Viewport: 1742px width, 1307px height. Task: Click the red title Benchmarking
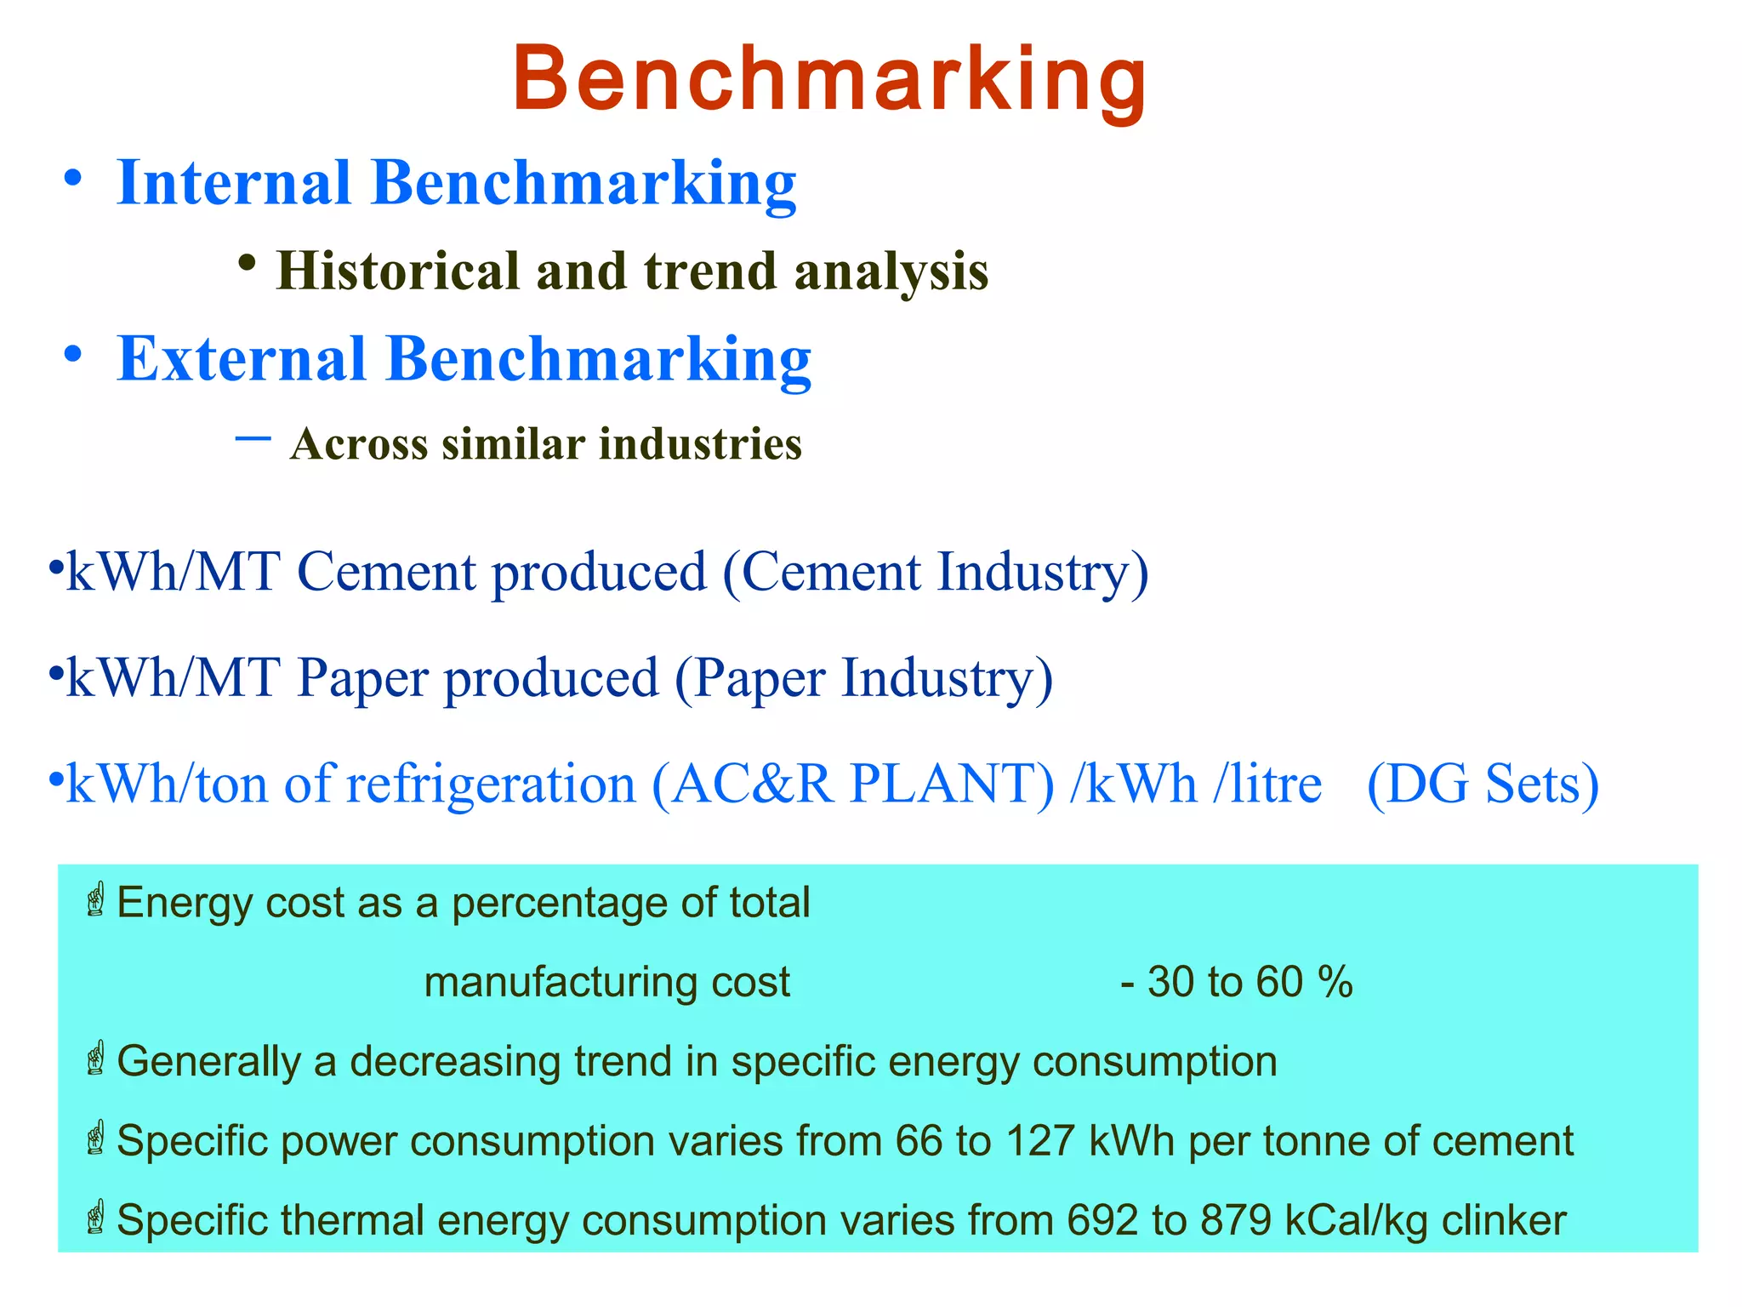coord(829,81)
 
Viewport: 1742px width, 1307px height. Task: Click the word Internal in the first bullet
coord(234,183)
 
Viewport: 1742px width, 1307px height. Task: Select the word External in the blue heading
coord(242,358)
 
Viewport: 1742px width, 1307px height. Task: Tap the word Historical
coord(397,271)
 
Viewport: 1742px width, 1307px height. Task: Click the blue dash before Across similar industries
coord(253,438)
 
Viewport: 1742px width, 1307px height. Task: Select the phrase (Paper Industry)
coord(863,678)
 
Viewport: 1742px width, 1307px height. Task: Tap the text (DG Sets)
coord(1483,784)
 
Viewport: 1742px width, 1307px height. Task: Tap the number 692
coord(1102,1220)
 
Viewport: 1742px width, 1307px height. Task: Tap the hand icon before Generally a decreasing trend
coord(96,1059)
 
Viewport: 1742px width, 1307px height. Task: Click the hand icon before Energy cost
coord(96,900)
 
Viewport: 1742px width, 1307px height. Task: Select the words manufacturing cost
coord(606,982)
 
